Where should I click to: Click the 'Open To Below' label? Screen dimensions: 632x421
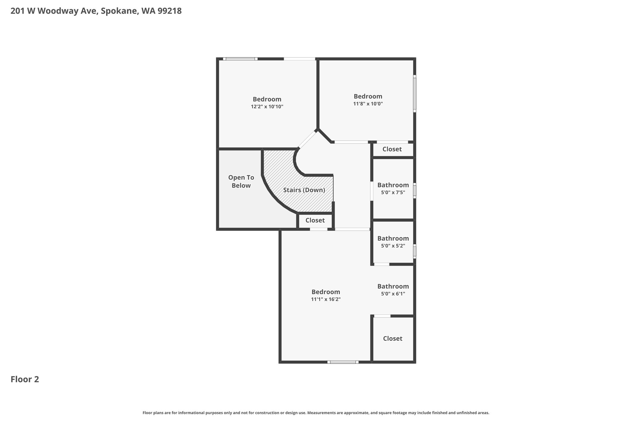[x=241, y=181]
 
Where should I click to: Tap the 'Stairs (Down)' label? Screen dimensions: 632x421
[x=304, y=190]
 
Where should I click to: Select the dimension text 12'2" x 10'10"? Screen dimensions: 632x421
[x=267, y=107]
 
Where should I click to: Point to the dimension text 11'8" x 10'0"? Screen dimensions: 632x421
[x=368, y=104]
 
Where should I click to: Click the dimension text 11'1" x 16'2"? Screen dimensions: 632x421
[x=326, y=299]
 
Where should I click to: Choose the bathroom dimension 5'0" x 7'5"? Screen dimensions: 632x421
[x=393, y=192]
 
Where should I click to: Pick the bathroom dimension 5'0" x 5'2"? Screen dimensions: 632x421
[x=393, y=246]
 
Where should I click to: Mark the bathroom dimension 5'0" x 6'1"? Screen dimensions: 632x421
[x=393, y=294]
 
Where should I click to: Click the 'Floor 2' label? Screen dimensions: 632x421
[x=25, y=379]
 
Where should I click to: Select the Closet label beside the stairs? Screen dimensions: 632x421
[x=315, y=220]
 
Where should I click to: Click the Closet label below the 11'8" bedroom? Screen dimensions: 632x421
[x=392, y=149]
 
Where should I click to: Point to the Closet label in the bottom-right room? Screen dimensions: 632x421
[x=393, y=338]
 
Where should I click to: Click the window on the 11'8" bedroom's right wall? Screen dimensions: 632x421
[x=415, y=94]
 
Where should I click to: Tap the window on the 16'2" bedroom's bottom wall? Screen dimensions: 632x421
[x=343, y=362]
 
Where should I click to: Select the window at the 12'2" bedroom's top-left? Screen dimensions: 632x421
[x=240, y=59]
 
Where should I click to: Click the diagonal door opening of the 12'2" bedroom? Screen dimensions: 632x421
[x=307, y=140]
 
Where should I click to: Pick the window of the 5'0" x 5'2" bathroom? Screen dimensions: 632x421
[x=415, y=251]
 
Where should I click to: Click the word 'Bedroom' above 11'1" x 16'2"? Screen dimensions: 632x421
[x=326, y=292]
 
